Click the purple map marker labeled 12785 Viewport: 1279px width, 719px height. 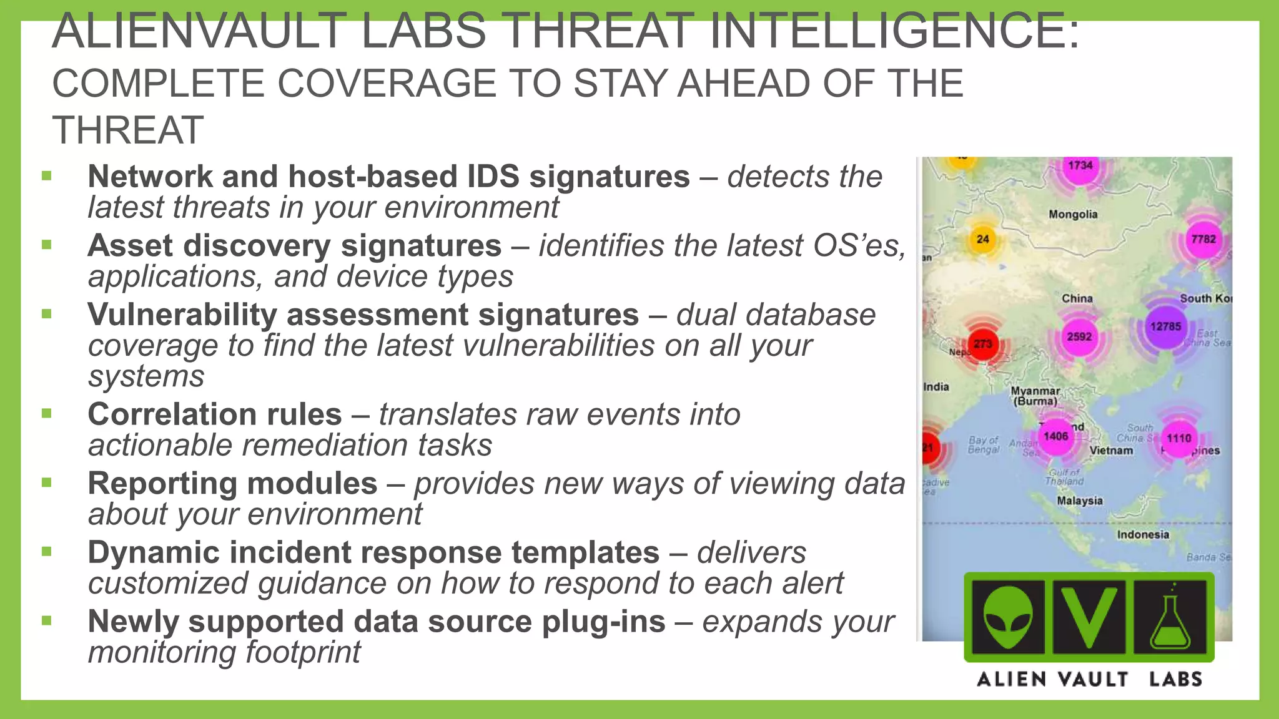(1165, 326)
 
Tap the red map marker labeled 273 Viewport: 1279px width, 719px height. (983, 344)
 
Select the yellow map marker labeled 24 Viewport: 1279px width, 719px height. (983, 239)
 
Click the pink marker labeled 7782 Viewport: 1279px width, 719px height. (1203, 239)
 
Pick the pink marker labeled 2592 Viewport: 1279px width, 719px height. (1079, 337)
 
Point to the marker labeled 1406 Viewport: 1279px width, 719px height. (1055, 436)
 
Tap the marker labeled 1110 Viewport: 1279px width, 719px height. (1178, 438)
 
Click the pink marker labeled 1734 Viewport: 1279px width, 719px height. (1080, 165)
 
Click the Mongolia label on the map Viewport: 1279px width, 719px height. (1073, 215)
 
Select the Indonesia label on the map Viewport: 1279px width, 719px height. (1143, 535)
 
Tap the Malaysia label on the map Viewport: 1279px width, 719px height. (1080, 501)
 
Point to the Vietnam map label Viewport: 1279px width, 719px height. (1111, 451)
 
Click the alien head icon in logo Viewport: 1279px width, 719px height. (1007, 617)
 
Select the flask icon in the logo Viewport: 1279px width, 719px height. (1170, 617)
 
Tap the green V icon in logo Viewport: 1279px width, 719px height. (1089, 617)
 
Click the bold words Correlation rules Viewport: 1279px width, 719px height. (215, 414)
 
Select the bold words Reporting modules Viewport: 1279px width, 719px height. (232, 484)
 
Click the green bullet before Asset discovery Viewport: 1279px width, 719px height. (46, 245)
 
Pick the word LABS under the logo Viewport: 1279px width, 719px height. (1175, 679)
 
